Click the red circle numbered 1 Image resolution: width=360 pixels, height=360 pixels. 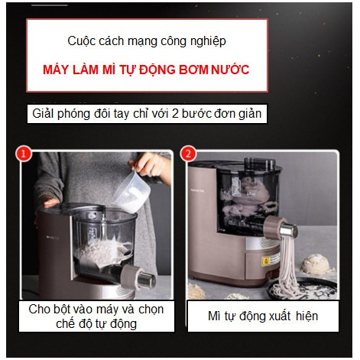24,154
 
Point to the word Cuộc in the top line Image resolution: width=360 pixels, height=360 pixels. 82,41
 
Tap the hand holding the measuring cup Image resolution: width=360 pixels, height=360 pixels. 153,165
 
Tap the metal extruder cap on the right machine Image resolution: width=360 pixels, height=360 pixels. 286,229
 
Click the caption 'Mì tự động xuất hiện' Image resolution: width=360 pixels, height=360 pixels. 263,316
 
